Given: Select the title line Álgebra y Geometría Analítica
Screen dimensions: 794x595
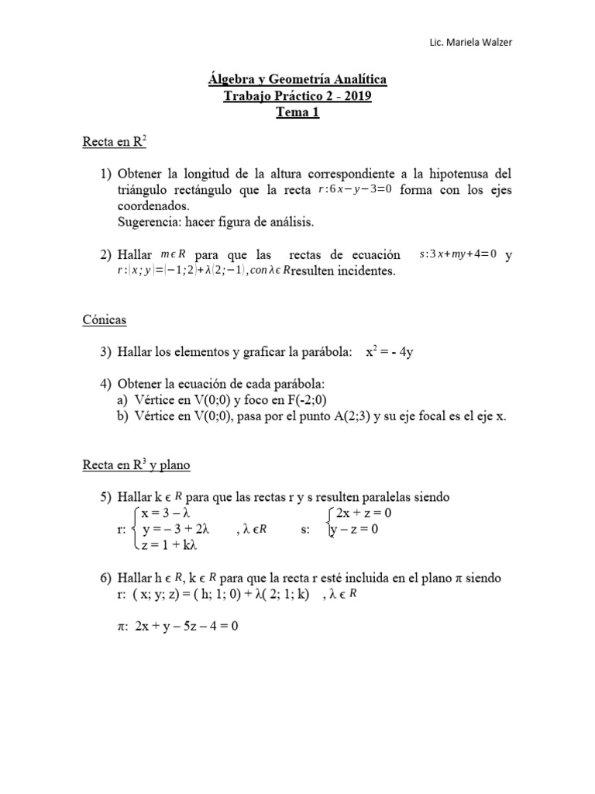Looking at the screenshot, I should [x=298, y=80].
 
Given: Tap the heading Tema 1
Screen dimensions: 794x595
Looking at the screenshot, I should [x=298, y=112].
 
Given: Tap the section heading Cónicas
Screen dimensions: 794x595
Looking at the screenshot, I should [x=105, y=319].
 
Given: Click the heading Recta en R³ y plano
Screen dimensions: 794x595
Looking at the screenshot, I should [x=136, y=465].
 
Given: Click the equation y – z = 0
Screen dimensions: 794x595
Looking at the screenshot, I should [x=354, y=530].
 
